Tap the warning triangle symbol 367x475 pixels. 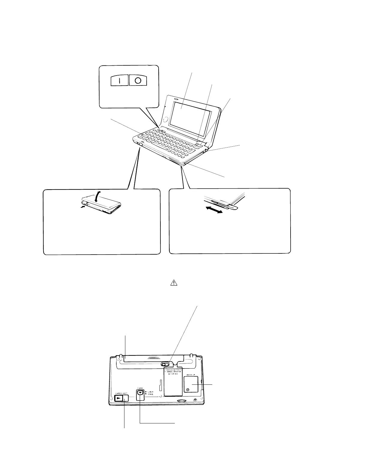[x=174, y=282]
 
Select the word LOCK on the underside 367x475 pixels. [x=151, y=392]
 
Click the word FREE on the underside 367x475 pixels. [x=151, y=394]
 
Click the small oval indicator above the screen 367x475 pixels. [x=176, y=99]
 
